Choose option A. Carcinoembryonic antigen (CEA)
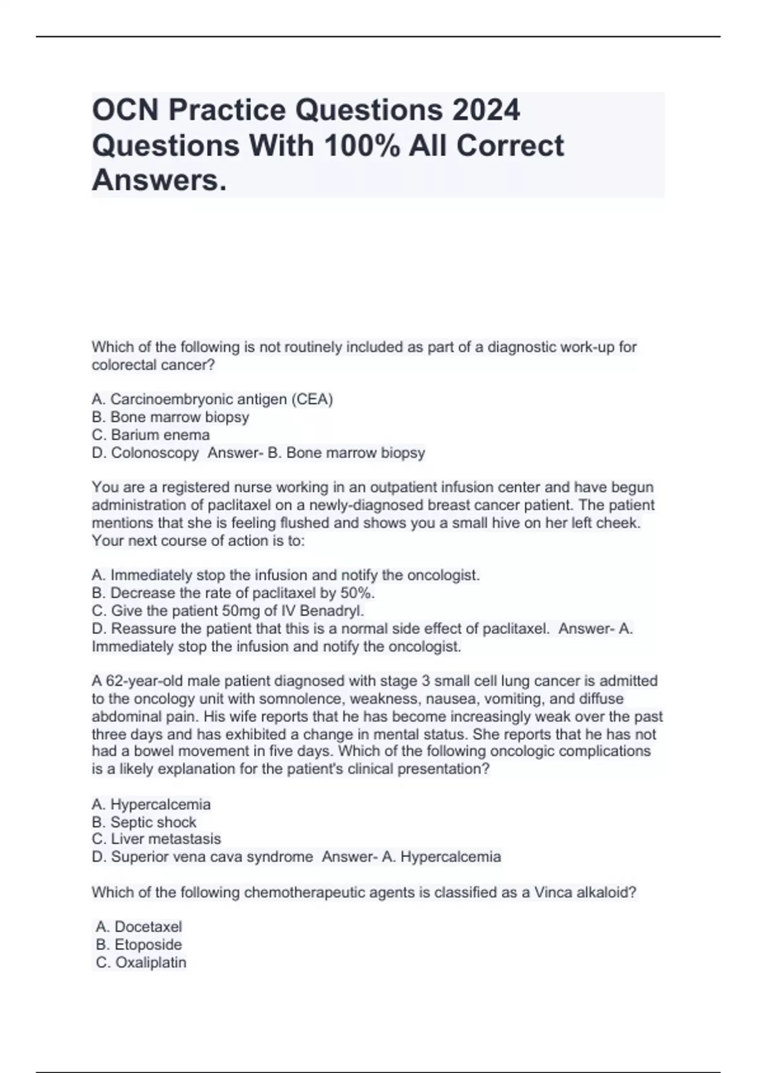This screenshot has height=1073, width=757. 212,399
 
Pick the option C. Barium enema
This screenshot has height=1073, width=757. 151,435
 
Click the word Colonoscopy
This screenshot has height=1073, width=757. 155,453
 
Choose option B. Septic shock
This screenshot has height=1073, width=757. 144,822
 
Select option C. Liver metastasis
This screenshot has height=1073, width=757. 156,839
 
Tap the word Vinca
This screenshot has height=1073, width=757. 553,892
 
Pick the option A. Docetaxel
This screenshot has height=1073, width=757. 139,927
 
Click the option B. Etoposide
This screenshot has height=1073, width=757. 139,944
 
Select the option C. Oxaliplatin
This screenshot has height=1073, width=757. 141,963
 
